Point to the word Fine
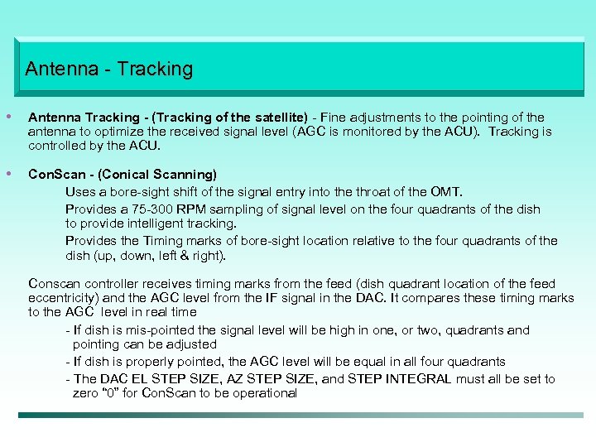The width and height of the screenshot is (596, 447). [335, 118]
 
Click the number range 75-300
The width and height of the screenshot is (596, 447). [144, 209]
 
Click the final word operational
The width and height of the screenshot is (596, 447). [259, 393]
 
